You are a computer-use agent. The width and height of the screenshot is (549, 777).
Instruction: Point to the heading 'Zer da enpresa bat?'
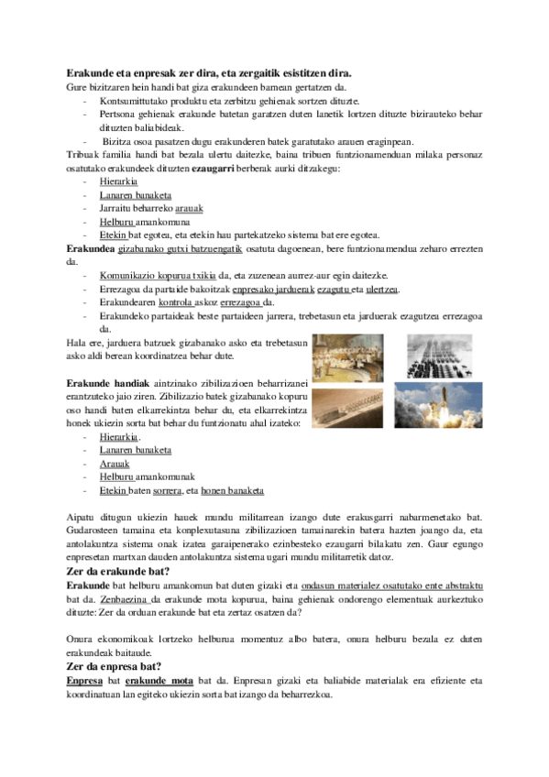click(115, 665)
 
